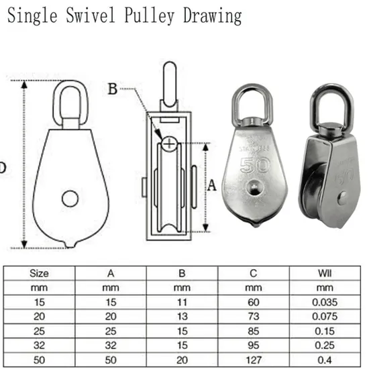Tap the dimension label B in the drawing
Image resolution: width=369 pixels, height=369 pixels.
[x=113, y=89]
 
